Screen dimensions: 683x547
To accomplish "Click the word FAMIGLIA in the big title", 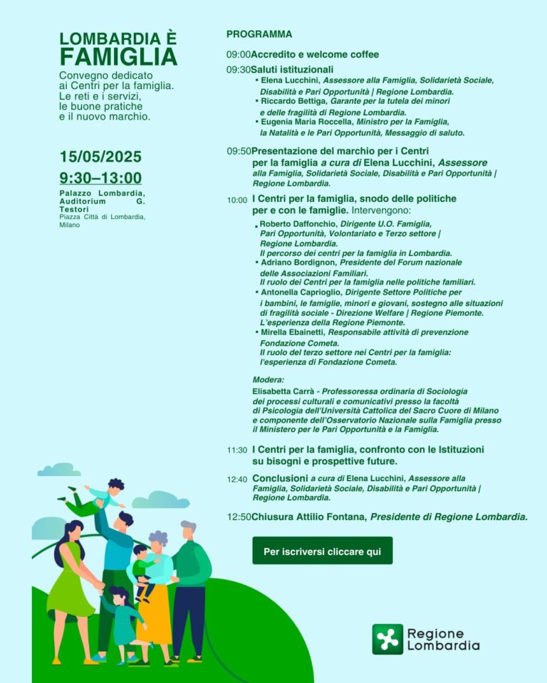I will [x=118, y=56].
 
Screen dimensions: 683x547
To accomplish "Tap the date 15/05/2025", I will [x=100, y=157].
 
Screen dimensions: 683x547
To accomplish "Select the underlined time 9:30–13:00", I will [x=100, y=179].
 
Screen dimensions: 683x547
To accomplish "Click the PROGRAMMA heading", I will [x=259, y=34].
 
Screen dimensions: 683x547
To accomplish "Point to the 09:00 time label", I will [x=239, y=55].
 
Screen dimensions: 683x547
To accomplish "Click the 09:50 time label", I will [x=239, y=151].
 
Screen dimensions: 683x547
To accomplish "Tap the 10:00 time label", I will [x=237, y=200].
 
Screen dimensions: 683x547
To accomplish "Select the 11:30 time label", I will [x=237, y=450].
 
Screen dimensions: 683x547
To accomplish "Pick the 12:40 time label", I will [x=237, y=480].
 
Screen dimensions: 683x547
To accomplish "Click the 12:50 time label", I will [x=239, y=517].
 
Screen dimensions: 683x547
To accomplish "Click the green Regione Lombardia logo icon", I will [x=387, y=639].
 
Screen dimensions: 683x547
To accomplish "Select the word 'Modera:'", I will [x=268, y=380].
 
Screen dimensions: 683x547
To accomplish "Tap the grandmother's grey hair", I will [x=157, y=539].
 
